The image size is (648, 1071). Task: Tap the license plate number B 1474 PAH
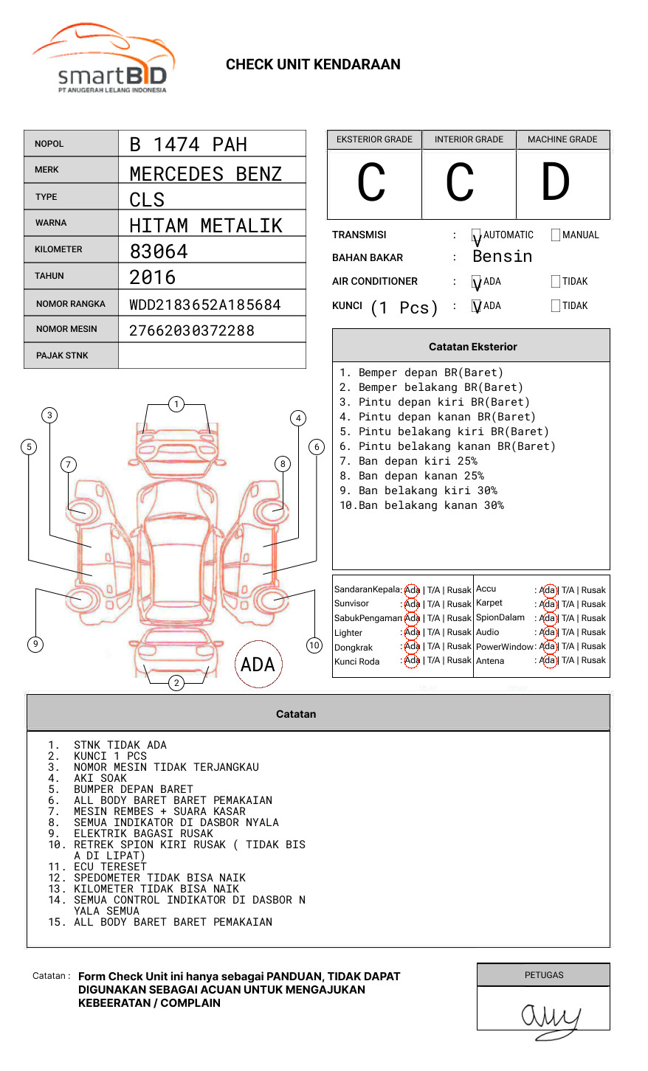(x=188, y=145)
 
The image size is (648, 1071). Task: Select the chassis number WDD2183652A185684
(x=205, y=305)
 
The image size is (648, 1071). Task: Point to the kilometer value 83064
(x=159, y=252)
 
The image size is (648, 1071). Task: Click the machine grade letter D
(x=556, y=183)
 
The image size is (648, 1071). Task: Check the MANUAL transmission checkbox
(x=556, y=235)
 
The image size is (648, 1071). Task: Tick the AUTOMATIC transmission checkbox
(x=477, y=236)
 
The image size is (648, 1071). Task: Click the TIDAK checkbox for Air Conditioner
(x=556, y=282)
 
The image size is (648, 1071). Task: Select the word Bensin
(x=502, y=257)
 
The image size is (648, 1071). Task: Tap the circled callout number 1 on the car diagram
(x=176, y=404)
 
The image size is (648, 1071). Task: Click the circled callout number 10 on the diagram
(x=314, y=645)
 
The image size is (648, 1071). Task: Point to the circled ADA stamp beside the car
(x=258, y=665)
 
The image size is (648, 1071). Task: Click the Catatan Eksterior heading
(x=472, y=347)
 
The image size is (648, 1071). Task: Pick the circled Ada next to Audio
(x=548, y=632)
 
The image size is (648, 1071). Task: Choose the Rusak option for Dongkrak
(x=458, y=646)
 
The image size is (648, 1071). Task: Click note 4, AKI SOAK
(x=100, y=778)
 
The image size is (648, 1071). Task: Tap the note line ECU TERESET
(x=110, y=867)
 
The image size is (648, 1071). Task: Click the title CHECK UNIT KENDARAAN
(x=313, y=65)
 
